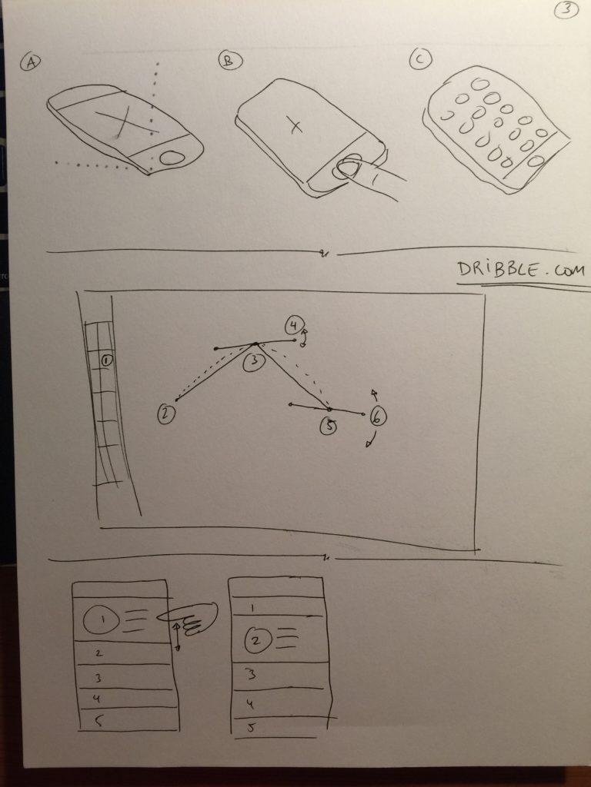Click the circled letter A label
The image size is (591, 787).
point(31,62)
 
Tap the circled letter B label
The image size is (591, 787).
point(230,60)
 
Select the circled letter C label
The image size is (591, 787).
point(420,58)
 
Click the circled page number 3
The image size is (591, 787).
point(566,9)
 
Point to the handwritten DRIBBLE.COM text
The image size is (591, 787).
point(521,270)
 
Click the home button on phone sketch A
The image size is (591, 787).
point(172,158)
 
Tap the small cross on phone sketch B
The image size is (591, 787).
point(295,125)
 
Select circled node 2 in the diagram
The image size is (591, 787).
point(166,414)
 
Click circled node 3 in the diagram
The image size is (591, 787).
point(253,361)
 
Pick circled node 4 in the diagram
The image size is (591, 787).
point(293,325)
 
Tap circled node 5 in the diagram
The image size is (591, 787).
point(328,426)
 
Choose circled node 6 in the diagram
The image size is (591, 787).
point(378,416)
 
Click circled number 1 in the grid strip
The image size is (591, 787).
point(106,360)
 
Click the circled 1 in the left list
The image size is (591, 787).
point(102,620)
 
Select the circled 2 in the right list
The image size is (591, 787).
point(257,640)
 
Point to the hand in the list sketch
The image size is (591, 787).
point(188,618)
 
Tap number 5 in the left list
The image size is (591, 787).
point(98,721)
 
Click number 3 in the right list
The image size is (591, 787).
point(252,674)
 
